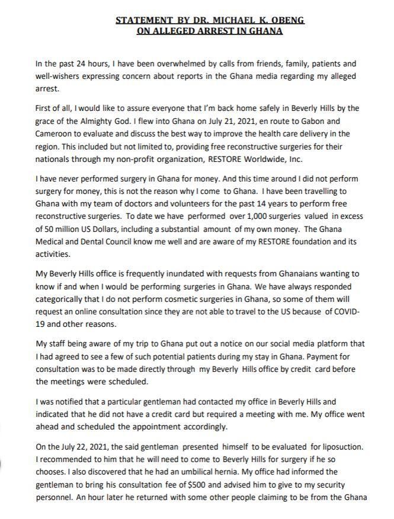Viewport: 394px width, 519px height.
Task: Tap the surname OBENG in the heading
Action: coord(289,20)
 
